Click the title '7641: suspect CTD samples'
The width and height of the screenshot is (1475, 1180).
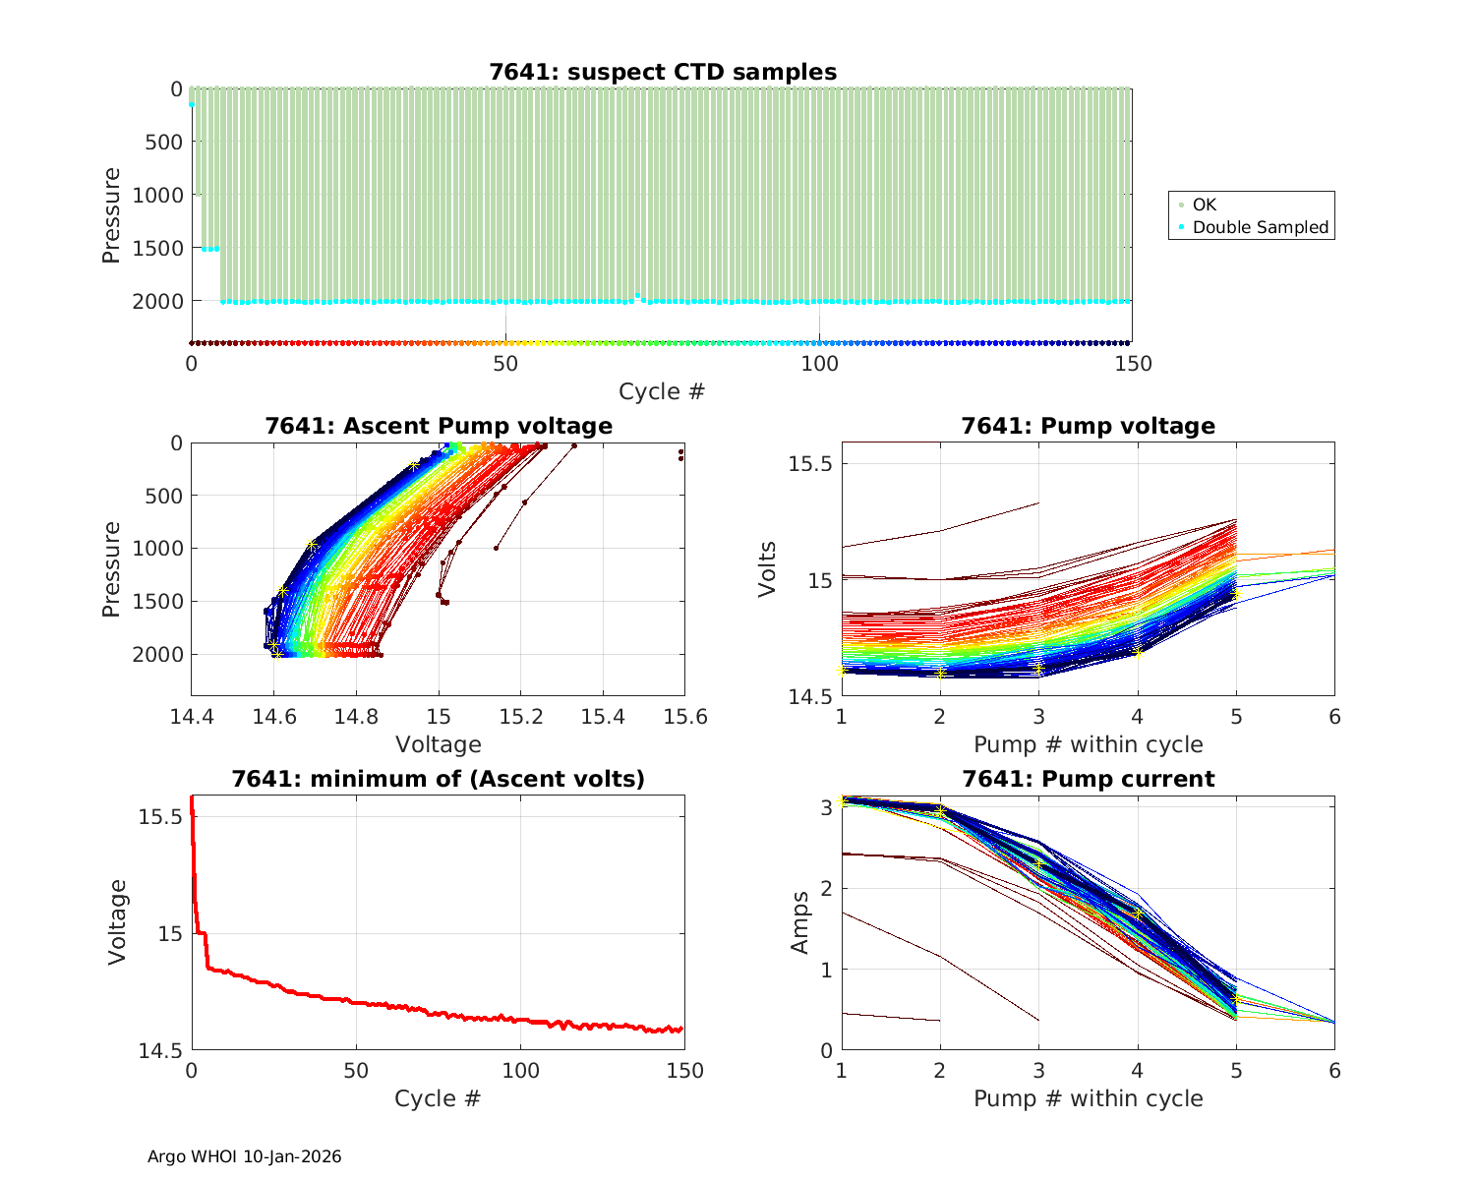(663, 72)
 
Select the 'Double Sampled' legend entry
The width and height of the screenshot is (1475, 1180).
(1260, 227)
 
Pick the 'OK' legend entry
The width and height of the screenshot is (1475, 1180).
(1204, 205)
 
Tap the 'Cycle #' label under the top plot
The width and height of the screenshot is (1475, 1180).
(662, 391)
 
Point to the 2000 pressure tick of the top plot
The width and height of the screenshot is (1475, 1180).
(157, 301)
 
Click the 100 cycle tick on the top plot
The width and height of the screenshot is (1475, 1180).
(819, 364)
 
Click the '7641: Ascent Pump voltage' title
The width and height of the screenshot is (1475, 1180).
(438, 426)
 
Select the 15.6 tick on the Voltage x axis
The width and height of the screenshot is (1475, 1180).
(684, 717)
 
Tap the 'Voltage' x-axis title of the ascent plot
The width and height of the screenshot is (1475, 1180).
(438, 744)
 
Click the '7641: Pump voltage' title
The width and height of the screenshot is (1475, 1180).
(1088, 426)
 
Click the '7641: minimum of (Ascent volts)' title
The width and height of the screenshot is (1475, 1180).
(438, 779)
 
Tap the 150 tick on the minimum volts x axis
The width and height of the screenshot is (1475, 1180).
(684, 1071)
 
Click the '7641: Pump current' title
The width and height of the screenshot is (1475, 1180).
(1088, 779)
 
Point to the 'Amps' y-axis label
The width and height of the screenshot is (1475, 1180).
(801, 921)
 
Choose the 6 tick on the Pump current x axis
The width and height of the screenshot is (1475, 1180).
(1334, 1071)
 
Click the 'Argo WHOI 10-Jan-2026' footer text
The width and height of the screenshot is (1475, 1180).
(244, 1156)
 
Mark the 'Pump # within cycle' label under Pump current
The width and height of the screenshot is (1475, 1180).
(1088, 1098)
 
